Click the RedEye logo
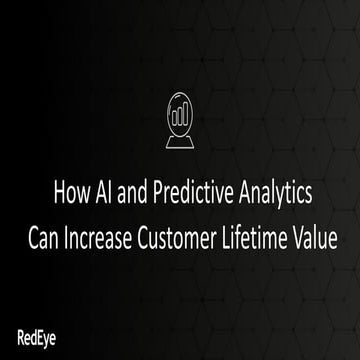36,334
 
